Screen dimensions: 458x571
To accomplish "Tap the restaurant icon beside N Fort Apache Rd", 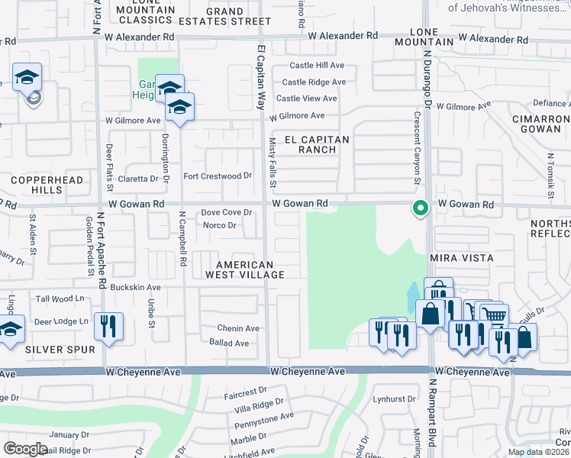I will (108, 327).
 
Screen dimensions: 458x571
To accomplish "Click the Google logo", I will (25, 448).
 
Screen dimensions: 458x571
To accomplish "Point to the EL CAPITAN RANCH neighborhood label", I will (317, 145).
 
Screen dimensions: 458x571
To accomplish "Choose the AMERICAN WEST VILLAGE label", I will (244, 269).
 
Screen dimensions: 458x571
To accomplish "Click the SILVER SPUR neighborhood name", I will (60, 350).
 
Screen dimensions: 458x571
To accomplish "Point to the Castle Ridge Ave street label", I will (314, 82).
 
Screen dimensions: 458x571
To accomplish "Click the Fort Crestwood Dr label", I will (218, 176).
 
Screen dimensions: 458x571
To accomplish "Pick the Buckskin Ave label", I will (135, 288).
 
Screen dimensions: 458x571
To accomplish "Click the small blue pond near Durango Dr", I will (413, 293).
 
